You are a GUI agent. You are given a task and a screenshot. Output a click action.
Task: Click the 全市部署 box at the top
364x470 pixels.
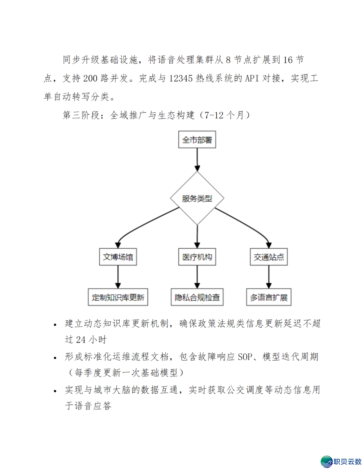pos(197,140)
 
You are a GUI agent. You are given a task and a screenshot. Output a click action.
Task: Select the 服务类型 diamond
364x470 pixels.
pos(197,198)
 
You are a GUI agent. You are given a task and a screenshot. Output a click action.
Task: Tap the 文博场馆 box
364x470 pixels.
pos(118,257)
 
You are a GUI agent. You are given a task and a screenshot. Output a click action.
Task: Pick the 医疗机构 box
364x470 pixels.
pos(197,257)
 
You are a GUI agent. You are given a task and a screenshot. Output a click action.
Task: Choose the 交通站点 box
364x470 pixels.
pos(269,257)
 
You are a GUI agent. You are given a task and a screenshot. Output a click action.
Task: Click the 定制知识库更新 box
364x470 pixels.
pos(118,297)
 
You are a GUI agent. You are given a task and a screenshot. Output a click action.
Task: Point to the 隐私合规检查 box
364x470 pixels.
pos(197,297)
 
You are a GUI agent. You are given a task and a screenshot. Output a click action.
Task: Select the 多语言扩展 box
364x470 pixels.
pos(269,297)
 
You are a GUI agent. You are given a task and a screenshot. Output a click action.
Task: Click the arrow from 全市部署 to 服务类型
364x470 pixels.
pos(197,160)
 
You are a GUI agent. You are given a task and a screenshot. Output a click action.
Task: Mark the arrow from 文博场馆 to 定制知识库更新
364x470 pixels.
pos(118,277)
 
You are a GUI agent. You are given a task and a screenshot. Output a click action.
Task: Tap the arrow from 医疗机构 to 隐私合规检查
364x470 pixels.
pos(197,277)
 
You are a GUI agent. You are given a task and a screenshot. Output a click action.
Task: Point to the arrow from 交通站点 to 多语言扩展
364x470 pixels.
pos(269,277)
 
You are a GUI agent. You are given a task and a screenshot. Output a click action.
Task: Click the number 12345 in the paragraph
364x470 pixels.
pos(181,78)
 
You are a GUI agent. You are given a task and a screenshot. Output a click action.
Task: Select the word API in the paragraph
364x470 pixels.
pos(252,78)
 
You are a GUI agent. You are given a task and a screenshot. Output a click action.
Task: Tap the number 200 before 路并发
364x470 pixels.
pos(90,78)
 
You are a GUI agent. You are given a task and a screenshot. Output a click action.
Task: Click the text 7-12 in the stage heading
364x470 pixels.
pos(214,115)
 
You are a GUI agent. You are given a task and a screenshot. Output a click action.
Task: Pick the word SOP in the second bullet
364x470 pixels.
pos(245,357)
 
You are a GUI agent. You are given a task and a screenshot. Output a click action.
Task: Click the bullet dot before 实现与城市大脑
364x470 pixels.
pos(55,391)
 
